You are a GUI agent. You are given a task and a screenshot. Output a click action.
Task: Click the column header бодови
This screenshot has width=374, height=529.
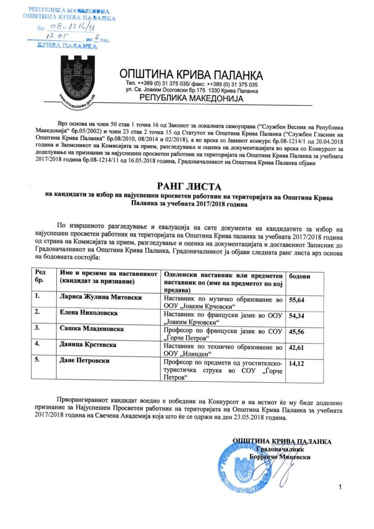(x=299, y=276)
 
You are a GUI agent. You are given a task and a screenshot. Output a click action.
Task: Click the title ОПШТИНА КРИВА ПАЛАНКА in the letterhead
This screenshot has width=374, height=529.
(x=191, y=74)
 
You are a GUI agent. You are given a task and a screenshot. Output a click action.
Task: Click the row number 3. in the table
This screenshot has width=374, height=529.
(x=37, y=328)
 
